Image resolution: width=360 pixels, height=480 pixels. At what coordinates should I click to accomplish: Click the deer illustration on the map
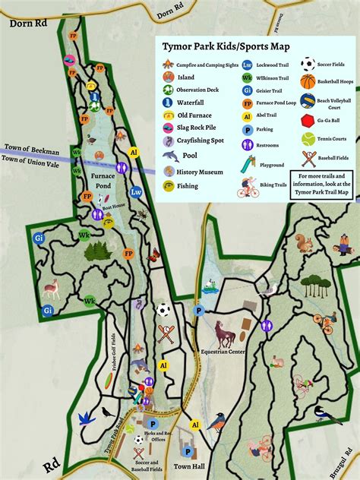point(51,288)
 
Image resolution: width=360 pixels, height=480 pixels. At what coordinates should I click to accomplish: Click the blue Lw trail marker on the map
point(136,191)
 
